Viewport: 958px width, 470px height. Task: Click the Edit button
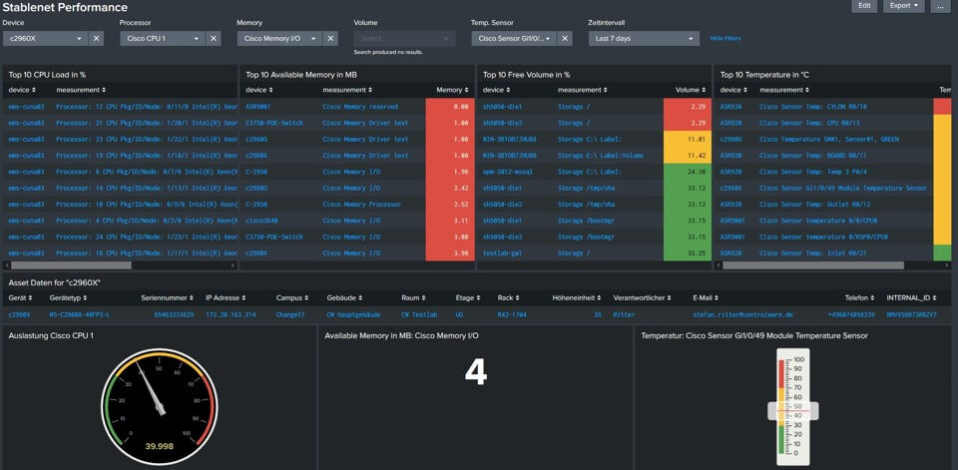coord(865,6)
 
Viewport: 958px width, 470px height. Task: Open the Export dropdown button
coord(904,6)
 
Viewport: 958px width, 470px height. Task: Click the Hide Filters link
coord(725,38)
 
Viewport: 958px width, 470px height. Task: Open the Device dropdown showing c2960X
coord(45,38)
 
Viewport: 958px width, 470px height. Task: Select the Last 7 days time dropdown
coord(643,38)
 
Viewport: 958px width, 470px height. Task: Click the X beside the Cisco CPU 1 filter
coord(214,38)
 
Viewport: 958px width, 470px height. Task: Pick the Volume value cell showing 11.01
coord(688,139)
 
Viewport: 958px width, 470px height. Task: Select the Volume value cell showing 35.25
coord(688,252)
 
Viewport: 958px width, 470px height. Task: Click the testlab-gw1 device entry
coord(501,252)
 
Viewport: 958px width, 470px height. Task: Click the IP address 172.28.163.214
coord(231,314)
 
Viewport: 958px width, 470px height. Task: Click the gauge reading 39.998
coord(160,446)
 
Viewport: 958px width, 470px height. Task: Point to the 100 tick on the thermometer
coord(798,358)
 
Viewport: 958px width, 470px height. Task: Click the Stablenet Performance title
coord(65,7)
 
